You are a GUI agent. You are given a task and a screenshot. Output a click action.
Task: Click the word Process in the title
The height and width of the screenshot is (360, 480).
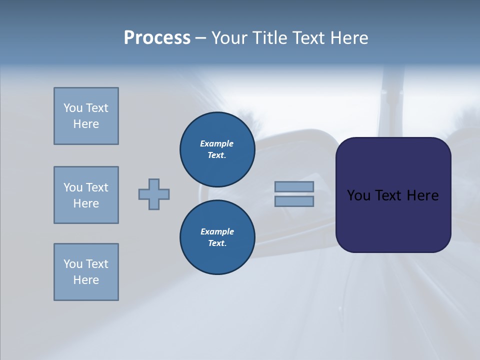pyautogui.click(x=157, y=38)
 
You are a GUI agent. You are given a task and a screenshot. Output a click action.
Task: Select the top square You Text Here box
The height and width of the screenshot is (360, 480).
pyautogui.click(x=86, y=116)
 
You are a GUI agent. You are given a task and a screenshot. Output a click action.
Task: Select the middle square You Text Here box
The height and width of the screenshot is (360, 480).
pyautogui.click(x=86, y=195)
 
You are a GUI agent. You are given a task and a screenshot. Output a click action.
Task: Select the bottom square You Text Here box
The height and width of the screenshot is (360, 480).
pyautogui.click(x=86, y=272)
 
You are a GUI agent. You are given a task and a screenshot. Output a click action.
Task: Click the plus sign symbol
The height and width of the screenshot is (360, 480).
pyautogui.click(x=154, y=194)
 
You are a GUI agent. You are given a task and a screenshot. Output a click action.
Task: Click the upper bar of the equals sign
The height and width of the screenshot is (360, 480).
pyautogui.click(x=294, y=186)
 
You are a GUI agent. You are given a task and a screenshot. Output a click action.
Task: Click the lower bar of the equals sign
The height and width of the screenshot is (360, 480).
pyautogui.click(x=294, y=201)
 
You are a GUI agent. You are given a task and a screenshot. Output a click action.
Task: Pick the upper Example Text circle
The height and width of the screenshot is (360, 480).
pyautogui.click(x=217, y=149)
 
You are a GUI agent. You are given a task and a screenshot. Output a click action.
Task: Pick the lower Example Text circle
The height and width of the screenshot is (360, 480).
pyautogui.click(x=217, y=237)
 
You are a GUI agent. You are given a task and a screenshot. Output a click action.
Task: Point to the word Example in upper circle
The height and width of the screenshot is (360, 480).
pyautogui.click(x=217, y=143)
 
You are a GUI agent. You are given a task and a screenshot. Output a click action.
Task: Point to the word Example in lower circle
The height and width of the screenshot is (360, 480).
pyautogui.click(x=217, y=231)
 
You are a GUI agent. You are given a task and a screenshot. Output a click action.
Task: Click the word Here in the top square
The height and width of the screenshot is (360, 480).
pyautogui.click(x=86, y=124)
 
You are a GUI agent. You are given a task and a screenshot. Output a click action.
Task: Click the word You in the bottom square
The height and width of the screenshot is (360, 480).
pyautogui.click(x=73, y=264)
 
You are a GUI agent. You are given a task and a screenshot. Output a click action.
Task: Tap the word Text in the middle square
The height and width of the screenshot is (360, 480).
pyautogui.click(x=97, y=187)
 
